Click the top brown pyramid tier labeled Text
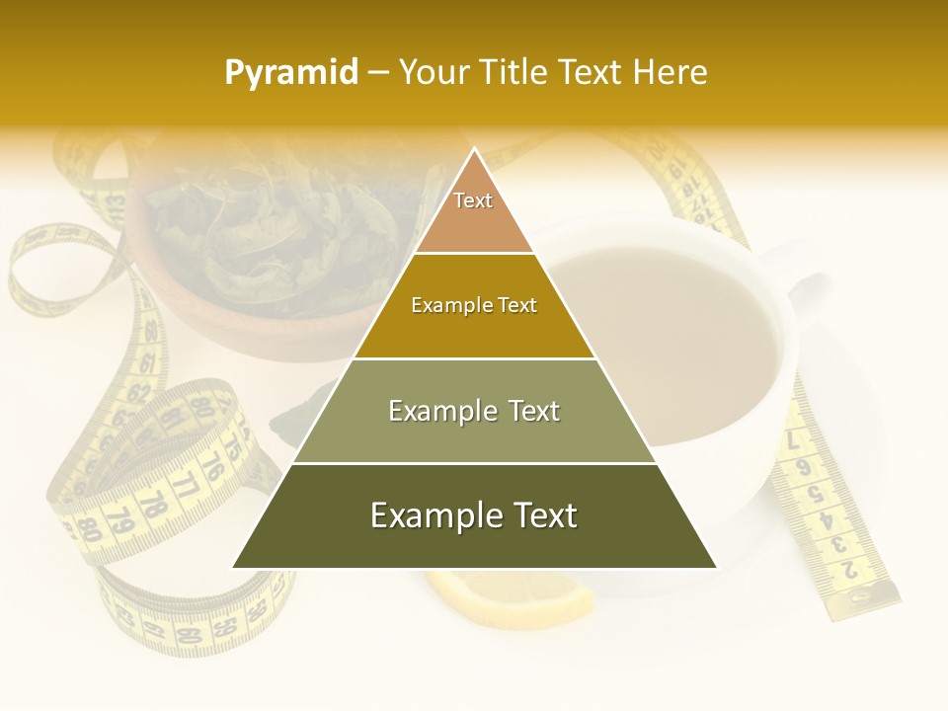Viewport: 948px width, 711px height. pyautogui.click(x=473, y=212)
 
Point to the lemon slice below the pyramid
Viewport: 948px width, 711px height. pyautogui.click(x=523, y=597)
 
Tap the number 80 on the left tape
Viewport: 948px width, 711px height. pyautogui.click(x=91, y=530)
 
